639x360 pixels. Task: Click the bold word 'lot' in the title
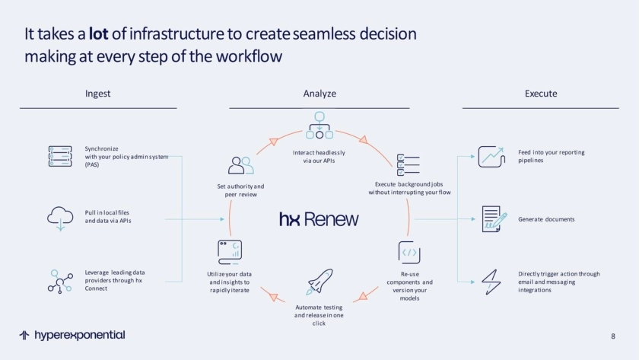click(x=99, y=33)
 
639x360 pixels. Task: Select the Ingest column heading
click(x=97, y=94)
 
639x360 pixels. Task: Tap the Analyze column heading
click(x=319, y=94)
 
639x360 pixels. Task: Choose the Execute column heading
click(x=541, y=94)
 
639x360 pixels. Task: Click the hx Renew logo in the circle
click(x=319, y=219)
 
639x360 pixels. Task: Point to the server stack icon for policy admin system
click(x=60, y=155)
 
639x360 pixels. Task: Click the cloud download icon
click(x=60, y=218)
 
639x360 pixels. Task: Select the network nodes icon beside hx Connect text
click(x=60, y=281)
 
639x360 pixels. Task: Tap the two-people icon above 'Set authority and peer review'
click(x=241, y=165)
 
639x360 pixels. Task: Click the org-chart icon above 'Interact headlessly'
click(x=319, y=125)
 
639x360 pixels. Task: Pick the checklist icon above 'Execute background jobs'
click(x=409, y=164)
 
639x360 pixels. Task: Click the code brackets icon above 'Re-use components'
click(x=409, y=252)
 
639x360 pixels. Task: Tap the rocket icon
click(x=319, y=281)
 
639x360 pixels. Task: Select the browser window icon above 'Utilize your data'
click(x=230, y=252)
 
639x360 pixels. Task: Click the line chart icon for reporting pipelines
click(x=491, y=156)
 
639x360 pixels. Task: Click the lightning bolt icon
click(x=491, y=281)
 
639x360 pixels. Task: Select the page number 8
click(x=613, y=336)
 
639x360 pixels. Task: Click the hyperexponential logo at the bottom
click(x=72, y=335)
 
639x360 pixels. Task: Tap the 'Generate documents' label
click(x=546, y=219)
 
